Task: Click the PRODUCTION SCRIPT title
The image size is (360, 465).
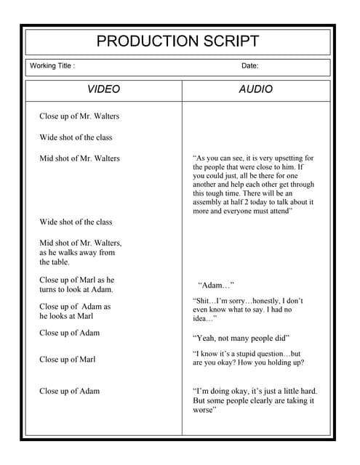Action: [x=177, y=41]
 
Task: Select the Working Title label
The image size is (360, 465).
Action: [x=52, y=66]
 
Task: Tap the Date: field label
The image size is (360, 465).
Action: [x=249, y=66]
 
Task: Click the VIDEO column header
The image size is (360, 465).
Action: [x=103, y=89]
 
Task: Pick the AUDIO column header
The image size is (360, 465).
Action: [x=256, y=89]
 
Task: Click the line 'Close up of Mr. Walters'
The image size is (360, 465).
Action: [x=79, y=116]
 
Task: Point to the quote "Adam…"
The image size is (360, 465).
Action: [x=216, y=286]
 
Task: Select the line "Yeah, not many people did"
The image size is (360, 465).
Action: [x=241, y=338]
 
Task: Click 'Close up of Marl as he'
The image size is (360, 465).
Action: [x=76, y=280]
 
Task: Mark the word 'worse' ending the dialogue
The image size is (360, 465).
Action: [x=204, y=410]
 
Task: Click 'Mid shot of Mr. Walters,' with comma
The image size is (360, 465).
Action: [x=80, y=243]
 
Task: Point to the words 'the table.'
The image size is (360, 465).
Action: [x=55, y=262]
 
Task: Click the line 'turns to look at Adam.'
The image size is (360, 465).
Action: [x=76, y=289]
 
